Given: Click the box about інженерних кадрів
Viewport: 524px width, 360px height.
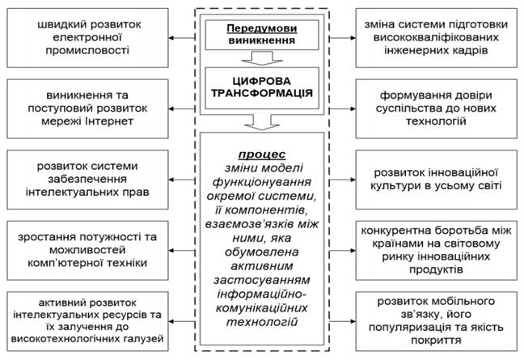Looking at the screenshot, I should coord(437,33).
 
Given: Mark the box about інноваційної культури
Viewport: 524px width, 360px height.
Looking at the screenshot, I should coord(437,179).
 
